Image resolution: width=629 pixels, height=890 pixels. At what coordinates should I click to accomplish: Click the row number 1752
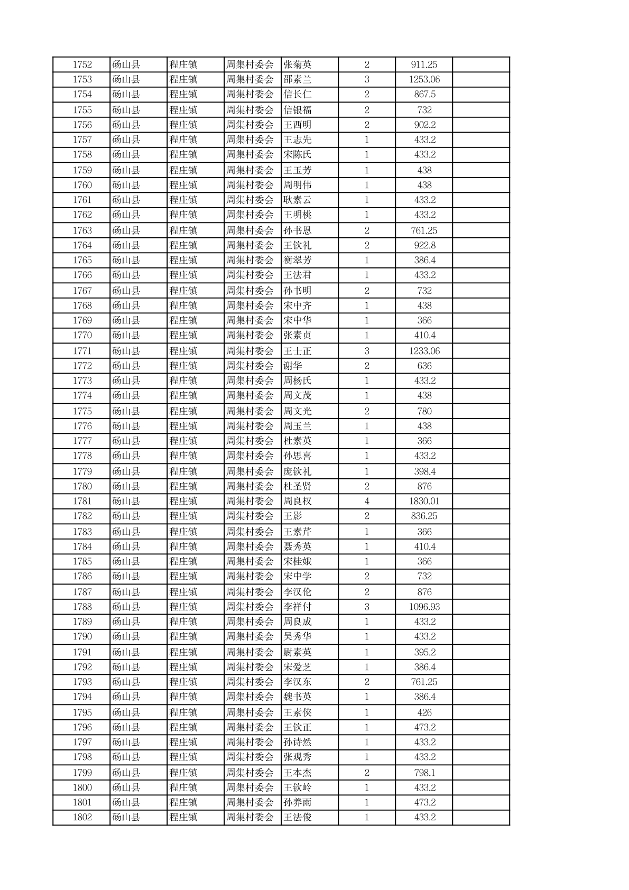(x=82, y=64)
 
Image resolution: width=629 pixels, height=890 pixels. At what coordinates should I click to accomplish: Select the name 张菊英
(x=298, y=64)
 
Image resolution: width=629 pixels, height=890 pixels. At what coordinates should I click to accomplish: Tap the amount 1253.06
(x=424, y=79)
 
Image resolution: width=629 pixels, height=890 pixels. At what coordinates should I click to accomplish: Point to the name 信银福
(x=298, y=110)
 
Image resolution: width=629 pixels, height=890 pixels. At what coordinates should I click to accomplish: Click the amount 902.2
(x=424, y=125)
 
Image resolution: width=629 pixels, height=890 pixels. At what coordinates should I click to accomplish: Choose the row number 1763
(x=82, y=230)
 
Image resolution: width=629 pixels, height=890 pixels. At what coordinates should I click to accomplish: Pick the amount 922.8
(x=424, y=245)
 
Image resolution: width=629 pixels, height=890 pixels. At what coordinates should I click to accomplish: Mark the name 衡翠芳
(x=298, y=260)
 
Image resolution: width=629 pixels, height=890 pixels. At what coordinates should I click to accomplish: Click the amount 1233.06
(x=424, y=351)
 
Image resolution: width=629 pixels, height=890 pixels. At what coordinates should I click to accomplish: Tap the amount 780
(x=424, y=411)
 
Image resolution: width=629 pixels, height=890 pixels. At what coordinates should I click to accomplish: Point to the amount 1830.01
(x=424, y=501)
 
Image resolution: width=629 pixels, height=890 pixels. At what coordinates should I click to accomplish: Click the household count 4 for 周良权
(x=367, y=501)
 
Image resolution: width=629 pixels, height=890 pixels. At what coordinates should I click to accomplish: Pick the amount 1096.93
(x=424, y=607)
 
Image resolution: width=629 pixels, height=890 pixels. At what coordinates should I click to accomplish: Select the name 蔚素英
(x=298, y=652)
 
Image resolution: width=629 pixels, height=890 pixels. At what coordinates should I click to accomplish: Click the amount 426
(x=424, y=712)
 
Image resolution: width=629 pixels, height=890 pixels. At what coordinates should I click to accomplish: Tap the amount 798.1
(x=424, y=773)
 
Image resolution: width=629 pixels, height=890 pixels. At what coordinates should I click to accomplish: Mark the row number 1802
(x=82, y=817)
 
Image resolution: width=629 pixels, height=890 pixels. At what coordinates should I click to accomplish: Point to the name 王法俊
(x=298, y=817)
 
